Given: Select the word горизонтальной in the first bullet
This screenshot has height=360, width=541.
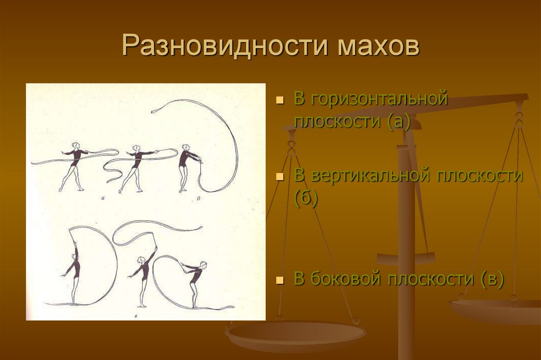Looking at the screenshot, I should (379, 99).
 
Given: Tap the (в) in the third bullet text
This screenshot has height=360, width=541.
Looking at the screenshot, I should (491, 279).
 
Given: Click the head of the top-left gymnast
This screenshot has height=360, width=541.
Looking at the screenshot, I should (76, 145).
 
